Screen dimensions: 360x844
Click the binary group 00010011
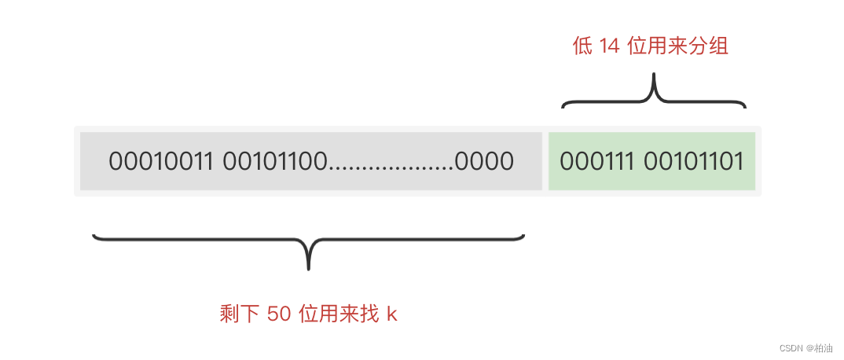[x=163, y=162]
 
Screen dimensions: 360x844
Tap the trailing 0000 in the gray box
[x=484, y=162]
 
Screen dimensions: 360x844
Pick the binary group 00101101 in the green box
[x=694, y=162]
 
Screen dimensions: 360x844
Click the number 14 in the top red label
[x=609, y=46]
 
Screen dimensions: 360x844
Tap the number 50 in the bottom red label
[x=279, y=314]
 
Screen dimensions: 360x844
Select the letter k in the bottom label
[x=392, y=314]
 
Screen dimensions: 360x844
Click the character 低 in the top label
[x=582, y=46]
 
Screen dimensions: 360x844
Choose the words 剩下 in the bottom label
[x=240, y=314]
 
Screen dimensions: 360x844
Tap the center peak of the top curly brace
[x=654, y=79]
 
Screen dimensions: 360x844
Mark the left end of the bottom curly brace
[x=94, y=235]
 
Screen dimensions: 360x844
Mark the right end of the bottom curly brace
[x=523, y=235]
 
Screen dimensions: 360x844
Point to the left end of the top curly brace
[x=563, y=105]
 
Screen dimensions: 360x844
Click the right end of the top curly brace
[x=744, y=105]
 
